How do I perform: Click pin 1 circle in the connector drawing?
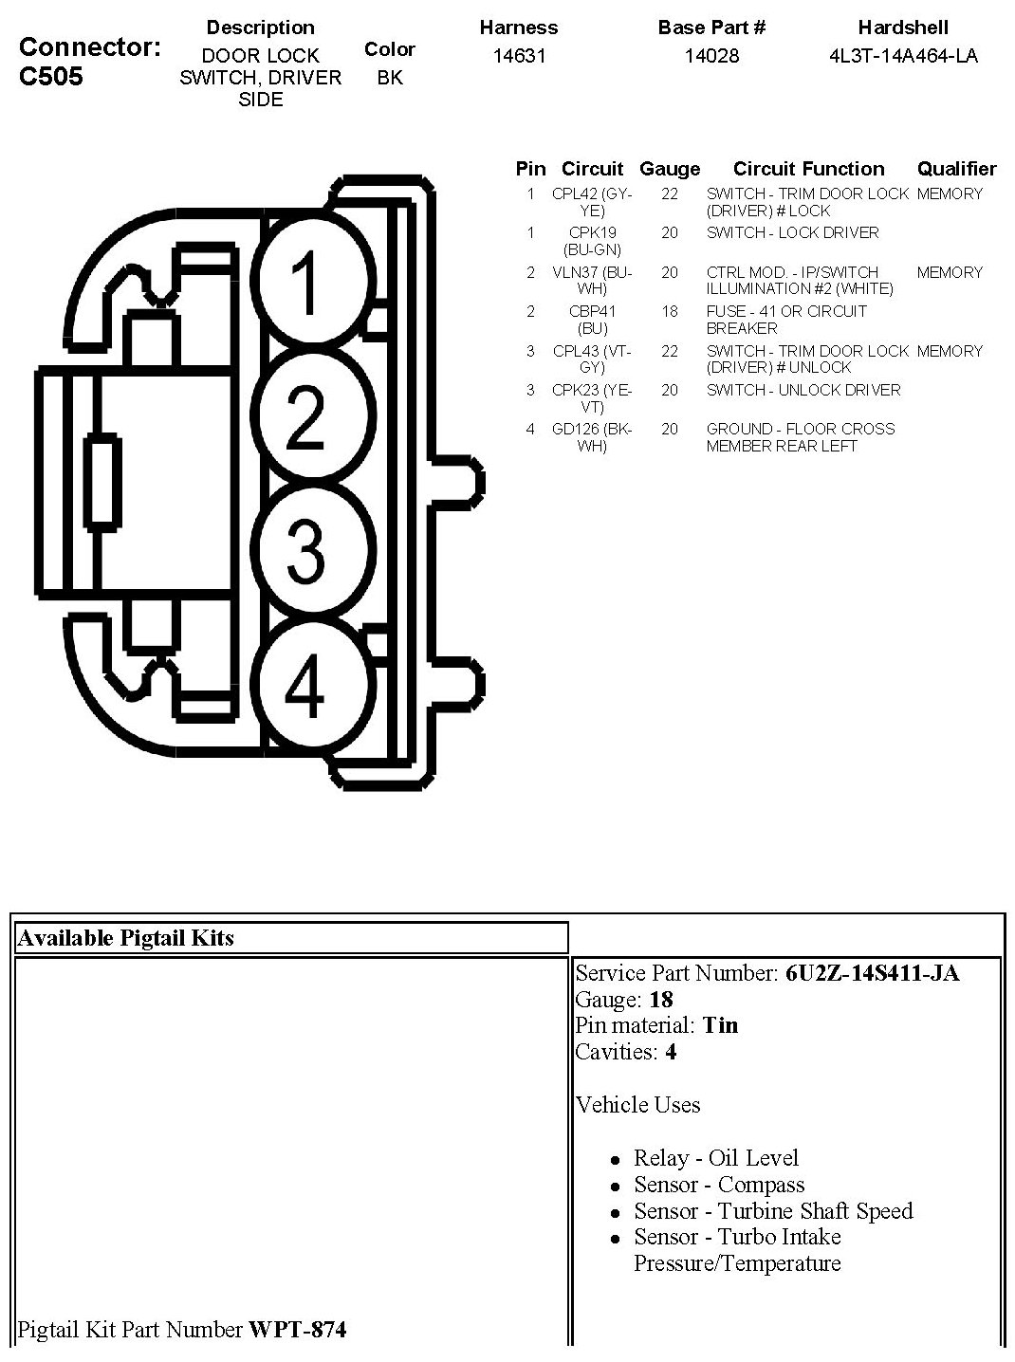(305, 282)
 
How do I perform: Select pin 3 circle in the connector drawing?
(305, 550)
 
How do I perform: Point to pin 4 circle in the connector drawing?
(305, 687)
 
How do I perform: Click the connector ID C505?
(51, 77)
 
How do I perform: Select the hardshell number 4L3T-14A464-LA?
(903, 56)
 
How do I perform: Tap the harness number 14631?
(519, 56)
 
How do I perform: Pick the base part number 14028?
(711, 56)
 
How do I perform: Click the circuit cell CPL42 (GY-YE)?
(592, 202)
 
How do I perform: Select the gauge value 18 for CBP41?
(670, 311)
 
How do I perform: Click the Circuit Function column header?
(808, 169)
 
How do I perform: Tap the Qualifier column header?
(956, 169)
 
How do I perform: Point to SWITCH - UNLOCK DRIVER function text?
(803, 390)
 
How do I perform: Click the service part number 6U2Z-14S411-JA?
(872, 973)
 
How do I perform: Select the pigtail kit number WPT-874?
(297, 1330)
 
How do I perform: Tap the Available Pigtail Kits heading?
(125, 938)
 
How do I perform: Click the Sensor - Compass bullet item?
(718, 1185)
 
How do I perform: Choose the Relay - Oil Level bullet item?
(715, 1158)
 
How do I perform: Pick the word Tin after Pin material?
(720, 1025)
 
